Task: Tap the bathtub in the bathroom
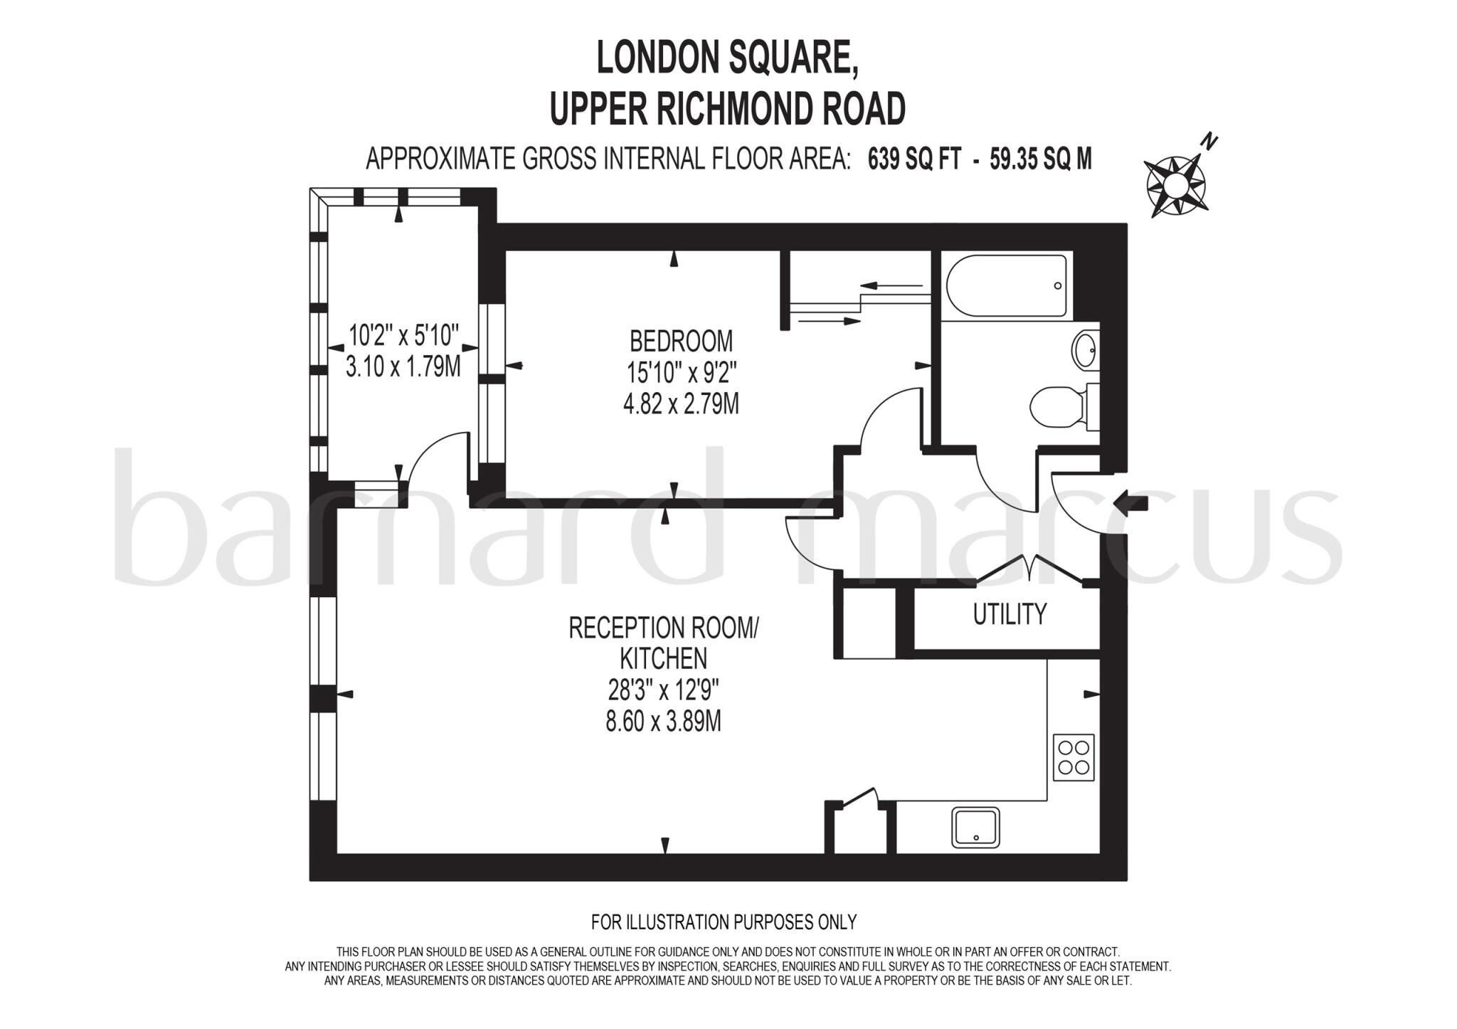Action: [1006, 285]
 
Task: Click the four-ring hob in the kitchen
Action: [1074, 757]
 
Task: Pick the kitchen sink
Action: [976, 827]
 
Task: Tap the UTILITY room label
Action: [1010, 613]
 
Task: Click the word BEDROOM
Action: [681, 341]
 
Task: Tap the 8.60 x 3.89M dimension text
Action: [663, 722]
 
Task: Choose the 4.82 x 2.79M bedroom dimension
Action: [681, 404]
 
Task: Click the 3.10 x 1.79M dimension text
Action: [403, 367]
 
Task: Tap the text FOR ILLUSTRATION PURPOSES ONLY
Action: [724, 922]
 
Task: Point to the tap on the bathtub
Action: [1058, 286]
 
